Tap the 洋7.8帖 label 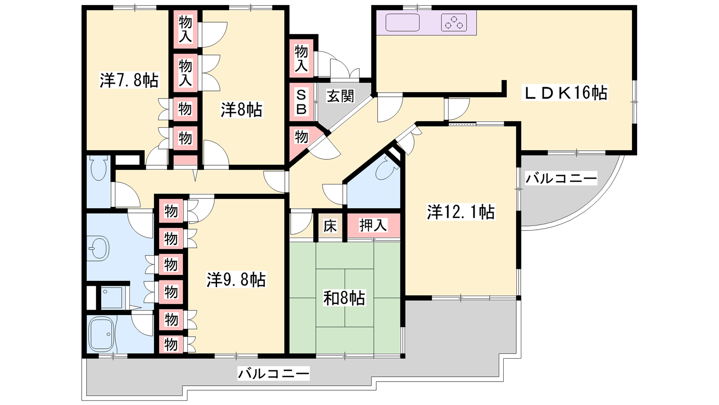point(129,80)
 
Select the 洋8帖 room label point(241,110)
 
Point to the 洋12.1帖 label point(461,212)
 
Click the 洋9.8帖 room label point(236,279)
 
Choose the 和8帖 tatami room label point(344,298)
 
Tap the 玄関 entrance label point(341,96)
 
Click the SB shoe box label point(301,102)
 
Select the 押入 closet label point(373,225)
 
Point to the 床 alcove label point(330,225)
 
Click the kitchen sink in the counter point(403,22)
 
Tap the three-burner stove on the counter point(454,22)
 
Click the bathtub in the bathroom point(102,335)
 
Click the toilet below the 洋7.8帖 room point(99,168)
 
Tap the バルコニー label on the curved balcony point(561,178)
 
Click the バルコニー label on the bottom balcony point(274,373)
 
